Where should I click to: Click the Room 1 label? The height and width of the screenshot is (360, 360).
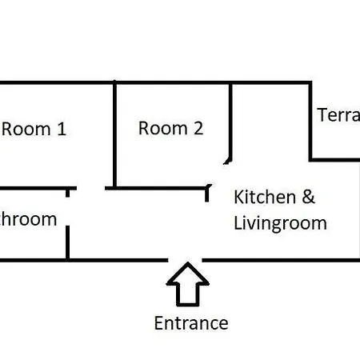tap(34, 129)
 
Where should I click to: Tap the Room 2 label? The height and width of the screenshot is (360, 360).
tap(171, 128)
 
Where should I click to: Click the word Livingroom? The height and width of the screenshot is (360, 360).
tap(280, 222)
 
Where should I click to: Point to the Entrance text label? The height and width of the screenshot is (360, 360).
tap(191, 323)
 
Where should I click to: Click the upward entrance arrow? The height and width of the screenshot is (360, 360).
tap(187, 285)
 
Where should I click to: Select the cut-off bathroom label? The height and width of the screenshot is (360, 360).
tap(28, 219)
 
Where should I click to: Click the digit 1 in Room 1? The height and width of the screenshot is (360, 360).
tap(61, 129)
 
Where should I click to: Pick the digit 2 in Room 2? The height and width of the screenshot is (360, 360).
tap(198, 128)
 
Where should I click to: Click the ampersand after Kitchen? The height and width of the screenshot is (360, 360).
tap(309, 197)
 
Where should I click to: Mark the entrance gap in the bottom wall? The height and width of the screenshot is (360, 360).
tap(186, 259)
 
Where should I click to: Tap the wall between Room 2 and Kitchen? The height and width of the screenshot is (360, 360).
tap(232, 120)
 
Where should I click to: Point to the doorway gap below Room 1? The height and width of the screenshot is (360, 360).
tap(89, 189)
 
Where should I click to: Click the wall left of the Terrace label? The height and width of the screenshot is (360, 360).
tap(310, 120)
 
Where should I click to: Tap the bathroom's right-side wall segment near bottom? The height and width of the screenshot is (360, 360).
tap(68, 242)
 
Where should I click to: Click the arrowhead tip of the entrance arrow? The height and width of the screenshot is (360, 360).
tap(187, 264)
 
